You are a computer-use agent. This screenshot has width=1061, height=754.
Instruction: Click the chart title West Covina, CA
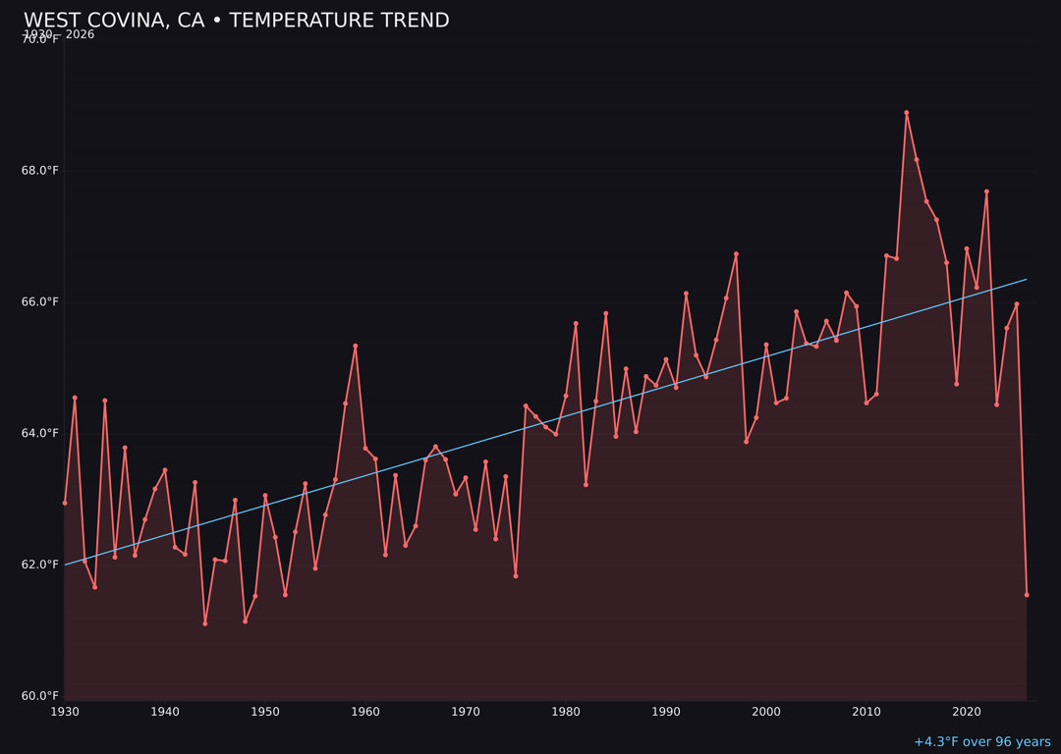tap(236, 21)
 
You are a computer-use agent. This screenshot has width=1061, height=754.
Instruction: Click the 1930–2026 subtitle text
tap(59, 34)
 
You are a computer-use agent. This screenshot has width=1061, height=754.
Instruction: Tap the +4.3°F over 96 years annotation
tap(981, 742)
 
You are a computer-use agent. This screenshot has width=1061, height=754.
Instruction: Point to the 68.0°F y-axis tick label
tap(40, 171)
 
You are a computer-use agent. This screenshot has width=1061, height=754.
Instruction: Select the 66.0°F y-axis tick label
tap(40, 302)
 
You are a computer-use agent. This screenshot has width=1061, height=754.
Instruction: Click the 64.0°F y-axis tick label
tap(40, 433)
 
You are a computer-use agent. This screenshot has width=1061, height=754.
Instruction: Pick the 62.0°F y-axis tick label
tap(40, 565)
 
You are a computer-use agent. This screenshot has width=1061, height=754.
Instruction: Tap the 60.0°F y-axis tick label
tap(40, 696)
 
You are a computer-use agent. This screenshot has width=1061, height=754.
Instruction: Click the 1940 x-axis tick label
tap(165, 712)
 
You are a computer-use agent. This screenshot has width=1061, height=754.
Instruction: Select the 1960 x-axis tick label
tap(365, 712)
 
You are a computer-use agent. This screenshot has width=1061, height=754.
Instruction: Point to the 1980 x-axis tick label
tap(566, 712)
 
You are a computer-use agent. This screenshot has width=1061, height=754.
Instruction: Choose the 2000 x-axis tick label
tap(766, 712)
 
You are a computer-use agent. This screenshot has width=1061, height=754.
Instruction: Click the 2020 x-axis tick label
tap(967, 712)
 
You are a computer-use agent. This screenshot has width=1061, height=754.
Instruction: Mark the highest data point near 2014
tap(906, 113)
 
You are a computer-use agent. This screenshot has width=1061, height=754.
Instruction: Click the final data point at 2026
tap(1027, 595)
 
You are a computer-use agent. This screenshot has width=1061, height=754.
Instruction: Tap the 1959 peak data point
tap(356, 346)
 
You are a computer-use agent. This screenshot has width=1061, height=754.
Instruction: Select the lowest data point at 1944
tap(205, 623)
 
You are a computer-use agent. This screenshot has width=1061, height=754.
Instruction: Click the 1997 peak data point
tap(736, 254)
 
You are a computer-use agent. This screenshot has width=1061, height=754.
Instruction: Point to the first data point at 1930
tap(65, 503)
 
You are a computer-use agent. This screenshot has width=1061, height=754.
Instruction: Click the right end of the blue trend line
tap(1026, 279)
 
